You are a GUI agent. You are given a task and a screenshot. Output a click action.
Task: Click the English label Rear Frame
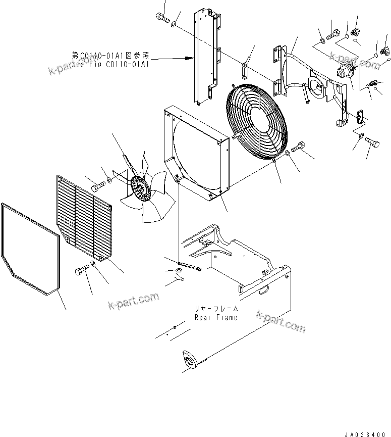pos(216,317)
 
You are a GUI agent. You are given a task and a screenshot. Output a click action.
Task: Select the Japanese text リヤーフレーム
pos(216,308)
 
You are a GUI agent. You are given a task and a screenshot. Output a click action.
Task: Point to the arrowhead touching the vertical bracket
pos(190,59)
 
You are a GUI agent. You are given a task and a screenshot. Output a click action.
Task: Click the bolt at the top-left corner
pos(161,18)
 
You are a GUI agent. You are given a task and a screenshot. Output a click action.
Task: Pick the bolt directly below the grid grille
pos(81,272)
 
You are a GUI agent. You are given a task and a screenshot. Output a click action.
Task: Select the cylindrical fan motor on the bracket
pos(345,71)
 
